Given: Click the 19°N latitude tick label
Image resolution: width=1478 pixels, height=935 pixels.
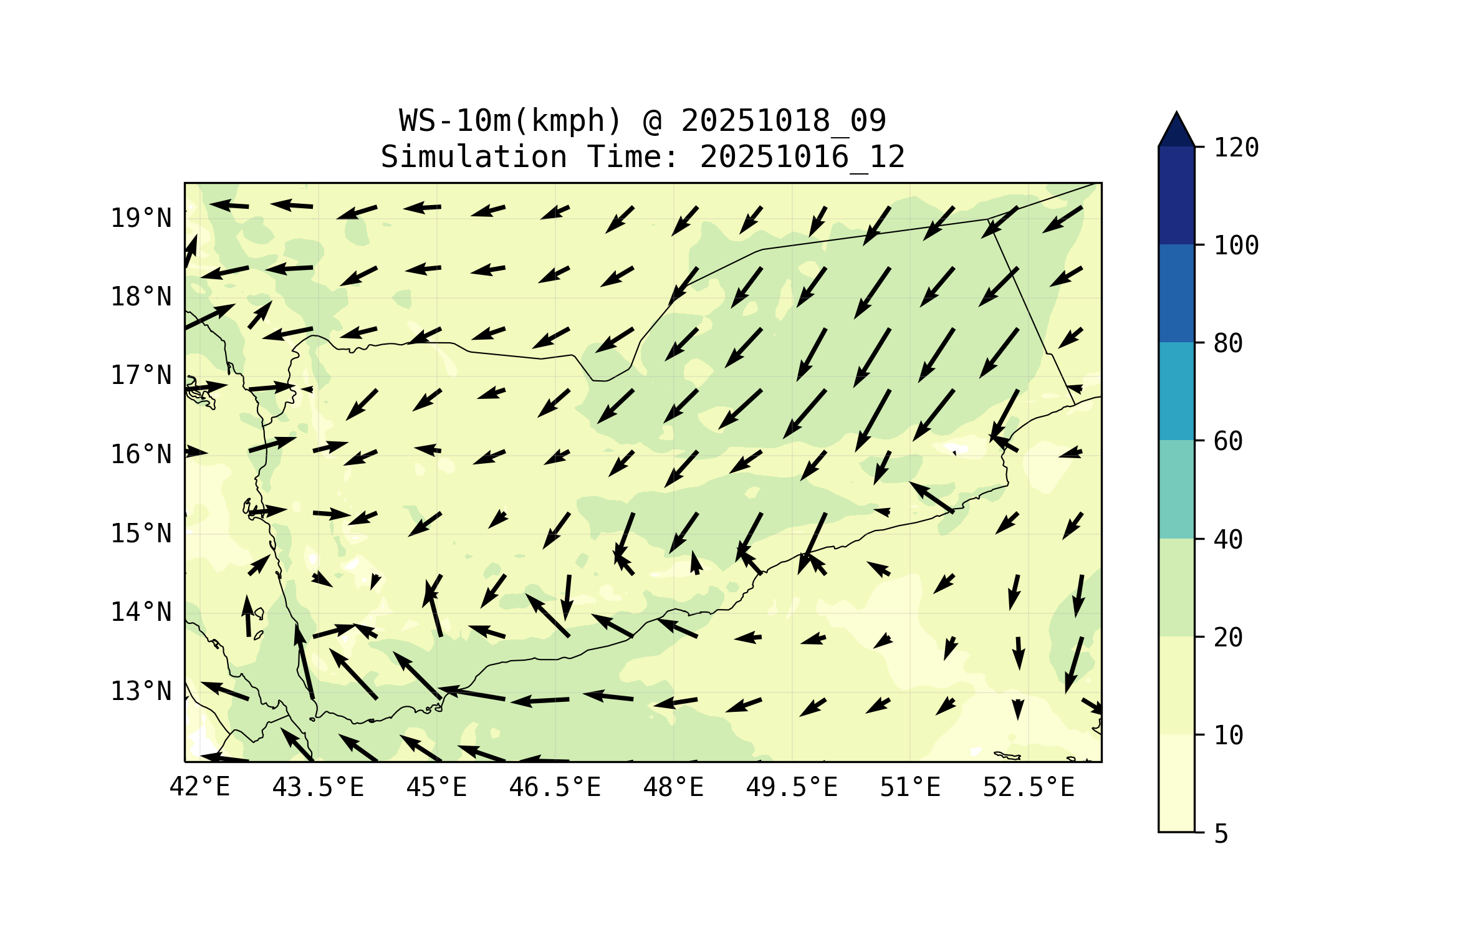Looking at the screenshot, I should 141,218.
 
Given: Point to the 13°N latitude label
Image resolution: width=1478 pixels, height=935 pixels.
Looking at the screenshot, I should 141,691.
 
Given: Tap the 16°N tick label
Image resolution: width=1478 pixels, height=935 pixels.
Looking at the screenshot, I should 141,454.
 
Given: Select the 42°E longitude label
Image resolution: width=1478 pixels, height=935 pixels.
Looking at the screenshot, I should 199,787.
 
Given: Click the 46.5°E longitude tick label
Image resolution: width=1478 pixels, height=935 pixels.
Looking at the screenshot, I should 555,787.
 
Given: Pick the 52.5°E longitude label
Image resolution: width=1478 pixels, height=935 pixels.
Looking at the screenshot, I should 1029,787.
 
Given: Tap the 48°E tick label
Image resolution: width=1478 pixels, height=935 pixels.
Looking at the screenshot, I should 673,787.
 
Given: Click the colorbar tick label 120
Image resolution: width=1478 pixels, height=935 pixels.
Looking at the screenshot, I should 1236,148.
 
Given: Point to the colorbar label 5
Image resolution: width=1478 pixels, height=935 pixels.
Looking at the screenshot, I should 1221,834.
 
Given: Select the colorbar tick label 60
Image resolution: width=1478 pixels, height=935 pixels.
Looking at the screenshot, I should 1228,441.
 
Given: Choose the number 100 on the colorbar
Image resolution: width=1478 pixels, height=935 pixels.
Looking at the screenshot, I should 1236,246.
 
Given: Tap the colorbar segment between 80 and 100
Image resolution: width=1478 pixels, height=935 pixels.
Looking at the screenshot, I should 1176,293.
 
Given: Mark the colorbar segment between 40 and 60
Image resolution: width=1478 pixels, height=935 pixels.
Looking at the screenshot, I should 1176,489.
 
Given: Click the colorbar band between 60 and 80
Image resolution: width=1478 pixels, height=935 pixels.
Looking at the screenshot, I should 1176,391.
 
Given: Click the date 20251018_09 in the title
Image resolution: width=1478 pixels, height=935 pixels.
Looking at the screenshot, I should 784,121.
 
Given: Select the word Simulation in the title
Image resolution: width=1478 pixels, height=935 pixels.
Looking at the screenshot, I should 474,157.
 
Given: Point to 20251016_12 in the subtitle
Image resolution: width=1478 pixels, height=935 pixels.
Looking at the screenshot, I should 802,157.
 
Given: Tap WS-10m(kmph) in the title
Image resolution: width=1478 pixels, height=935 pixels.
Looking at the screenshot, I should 511,121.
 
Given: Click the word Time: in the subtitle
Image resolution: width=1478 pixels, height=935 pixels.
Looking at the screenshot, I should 633,157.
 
